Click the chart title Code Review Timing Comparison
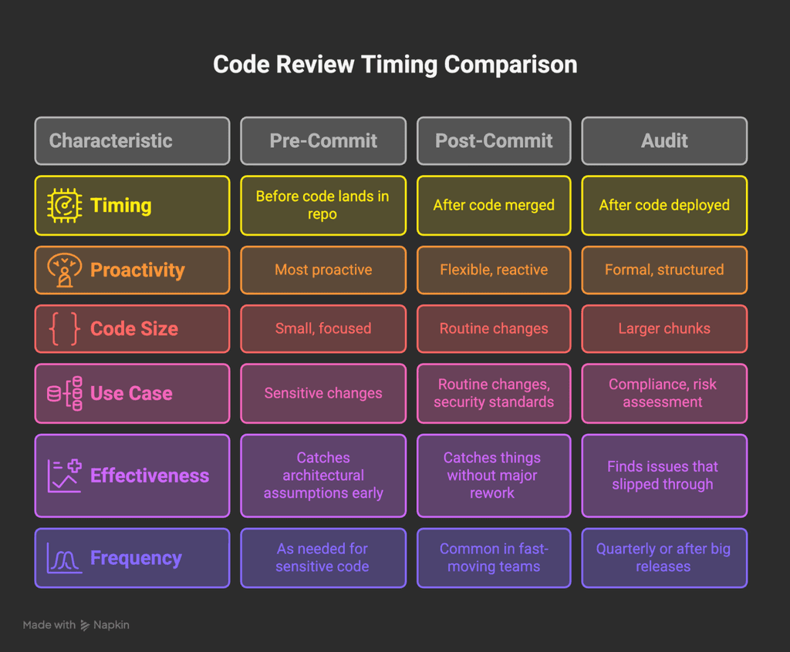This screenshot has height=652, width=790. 394,64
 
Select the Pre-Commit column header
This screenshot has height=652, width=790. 323,141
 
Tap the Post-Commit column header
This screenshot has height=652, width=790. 494,141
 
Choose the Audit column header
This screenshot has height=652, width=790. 664,141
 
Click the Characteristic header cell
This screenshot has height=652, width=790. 132,141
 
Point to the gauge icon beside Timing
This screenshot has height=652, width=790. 64,206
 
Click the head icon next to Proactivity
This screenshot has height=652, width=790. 64,270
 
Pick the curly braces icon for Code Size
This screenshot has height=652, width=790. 64,329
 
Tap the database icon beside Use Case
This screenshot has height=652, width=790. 64,394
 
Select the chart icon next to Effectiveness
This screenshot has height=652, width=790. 64,476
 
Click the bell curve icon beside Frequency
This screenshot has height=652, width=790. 64,558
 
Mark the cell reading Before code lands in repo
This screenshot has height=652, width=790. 323,206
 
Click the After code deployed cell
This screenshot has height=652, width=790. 664,206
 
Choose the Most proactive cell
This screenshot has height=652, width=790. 323,270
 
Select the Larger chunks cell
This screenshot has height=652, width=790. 664,329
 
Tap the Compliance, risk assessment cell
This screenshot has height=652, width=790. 664,394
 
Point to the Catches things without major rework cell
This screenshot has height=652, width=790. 494,476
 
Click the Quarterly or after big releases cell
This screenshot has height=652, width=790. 664,558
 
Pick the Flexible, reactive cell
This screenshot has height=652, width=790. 494,270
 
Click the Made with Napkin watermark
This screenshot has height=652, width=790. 76,625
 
